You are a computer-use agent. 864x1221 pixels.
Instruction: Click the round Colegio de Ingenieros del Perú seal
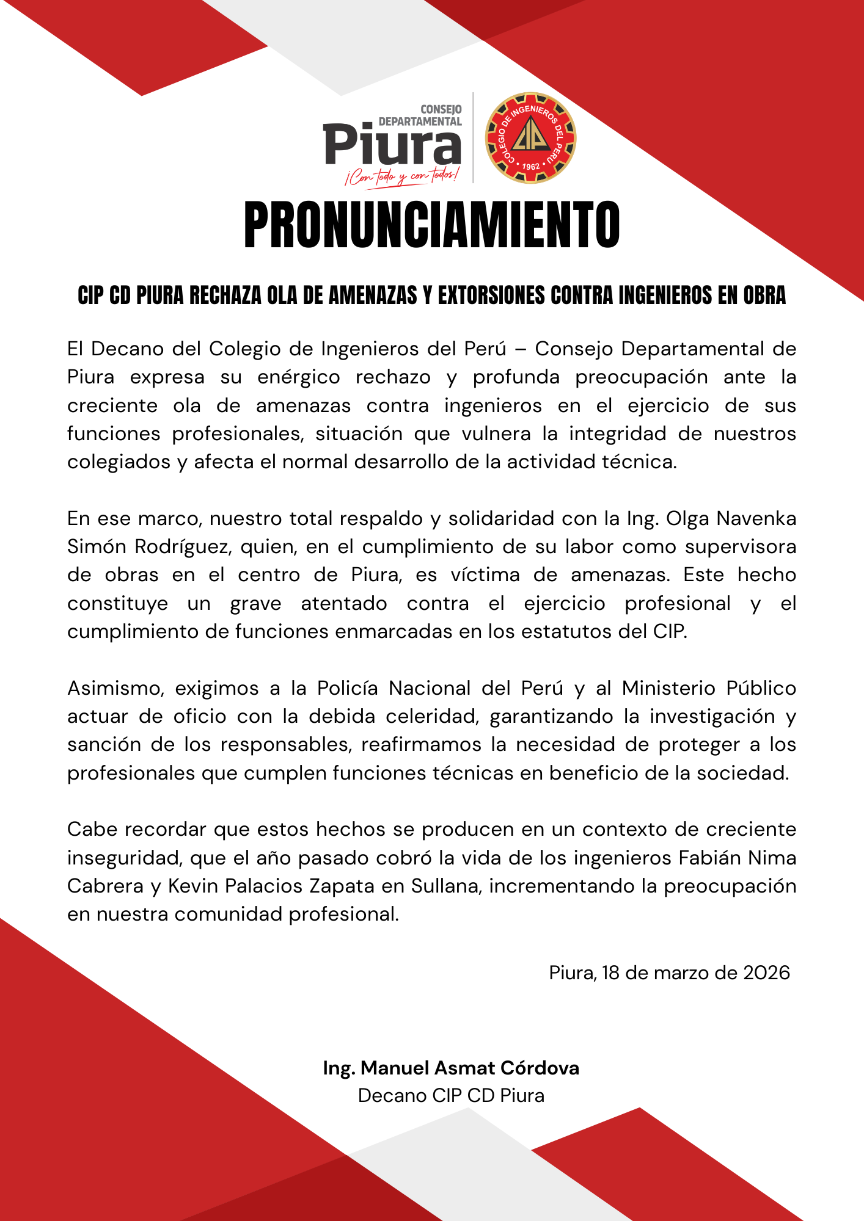(530, 138)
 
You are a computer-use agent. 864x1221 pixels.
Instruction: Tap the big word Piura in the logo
(392, 145)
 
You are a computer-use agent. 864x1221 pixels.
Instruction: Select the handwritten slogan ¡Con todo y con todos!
(401, 176)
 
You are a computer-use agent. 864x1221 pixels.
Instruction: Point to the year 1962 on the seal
(531, 167)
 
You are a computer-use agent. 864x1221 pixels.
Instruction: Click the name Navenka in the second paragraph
(756, 519)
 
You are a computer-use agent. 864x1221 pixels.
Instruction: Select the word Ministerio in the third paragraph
(668, 689)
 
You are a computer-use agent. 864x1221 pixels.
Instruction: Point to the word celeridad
(431, 717)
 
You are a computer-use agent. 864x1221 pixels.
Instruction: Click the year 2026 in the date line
(766, 973)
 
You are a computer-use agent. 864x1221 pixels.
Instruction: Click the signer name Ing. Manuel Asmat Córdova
(451, 1068)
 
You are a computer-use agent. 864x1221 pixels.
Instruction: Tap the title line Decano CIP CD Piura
(451, 1095)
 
